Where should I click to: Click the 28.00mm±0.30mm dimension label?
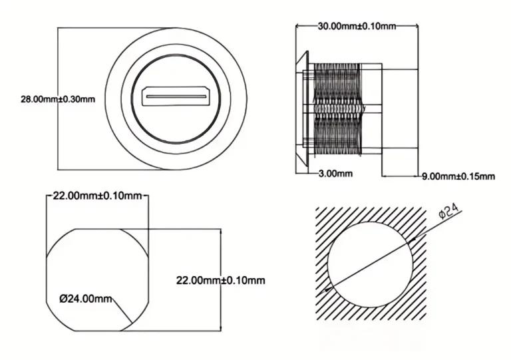pyautogui.click(x=58, y=99)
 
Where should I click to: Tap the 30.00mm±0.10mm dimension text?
pyautogui.click(x=357, y=26)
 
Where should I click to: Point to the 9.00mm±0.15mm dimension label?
pyautogui.click(x=459, y=176)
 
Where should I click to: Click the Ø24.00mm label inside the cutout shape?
pyautogui.click(x=85, y=299)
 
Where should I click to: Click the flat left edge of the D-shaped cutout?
pyautogui.click(x=47, y=279)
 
